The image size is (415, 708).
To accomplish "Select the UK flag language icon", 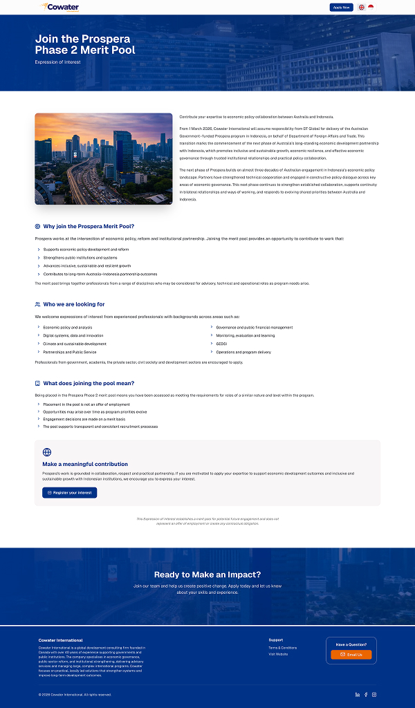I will pos(362,7).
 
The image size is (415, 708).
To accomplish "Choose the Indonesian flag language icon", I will pos(371,7).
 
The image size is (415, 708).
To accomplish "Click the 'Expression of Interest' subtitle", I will pos(58,62).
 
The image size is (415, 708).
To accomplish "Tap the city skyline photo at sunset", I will pos(104,158).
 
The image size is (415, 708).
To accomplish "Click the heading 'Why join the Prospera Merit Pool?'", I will pos(89,226).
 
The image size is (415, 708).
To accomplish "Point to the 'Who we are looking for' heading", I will pos(74,304).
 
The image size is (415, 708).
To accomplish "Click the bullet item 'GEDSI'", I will pos(222,344).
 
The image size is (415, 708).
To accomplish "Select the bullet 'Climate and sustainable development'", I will pos(75,344).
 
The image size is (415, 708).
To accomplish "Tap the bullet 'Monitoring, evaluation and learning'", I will pos(245,335).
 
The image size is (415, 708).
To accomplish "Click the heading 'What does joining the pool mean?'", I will pos(89,383).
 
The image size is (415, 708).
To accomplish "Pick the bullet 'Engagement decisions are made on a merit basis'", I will pos(84,419).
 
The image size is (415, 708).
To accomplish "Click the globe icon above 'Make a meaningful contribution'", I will pos(47,452).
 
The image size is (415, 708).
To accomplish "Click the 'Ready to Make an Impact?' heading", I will pos(207,575).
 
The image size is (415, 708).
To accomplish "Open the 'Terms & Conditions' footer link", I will pos(282,648).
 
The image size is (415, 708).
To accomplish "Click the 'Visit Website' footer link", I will pos(278,654).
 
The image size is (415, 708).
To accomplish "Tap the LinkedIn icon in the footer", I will pos(358,694).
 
